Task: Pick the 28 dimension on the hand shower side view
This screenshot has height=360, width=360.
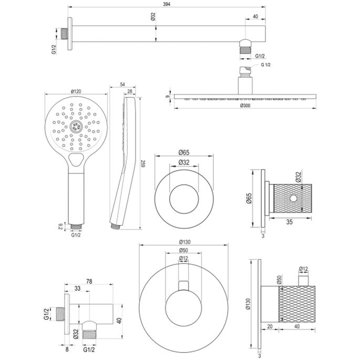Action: pyautogui.click(x=130, y=92)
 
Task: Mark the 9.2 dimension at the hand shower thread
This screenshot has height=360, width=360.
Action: pyautogui.click(x=60, y=228)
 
